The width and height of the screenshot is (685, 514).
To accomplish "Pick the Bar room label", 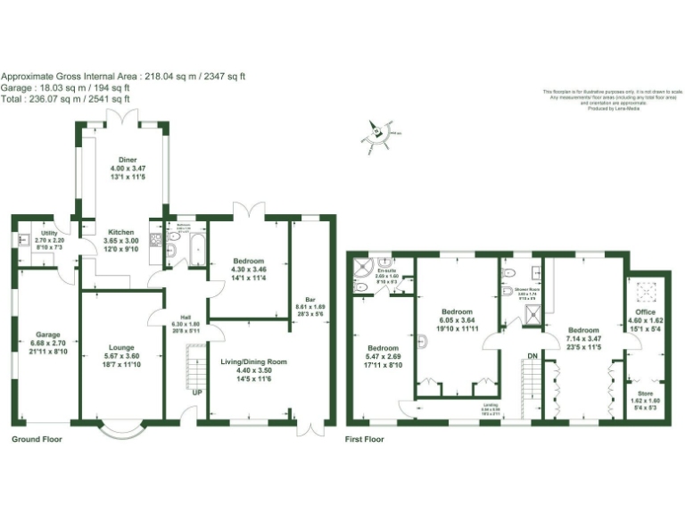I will coord(310,300).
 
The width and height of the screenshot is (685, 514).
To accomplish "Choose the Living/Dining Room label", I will coord(252,362).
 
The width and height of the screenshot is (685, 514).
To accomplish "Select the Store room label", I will coord(644,393).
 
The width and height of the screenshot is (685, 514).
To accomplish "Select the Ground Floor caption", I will coord(37,440).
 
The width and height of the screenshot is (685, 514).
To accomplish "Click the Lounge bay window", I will coord(120,431).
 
